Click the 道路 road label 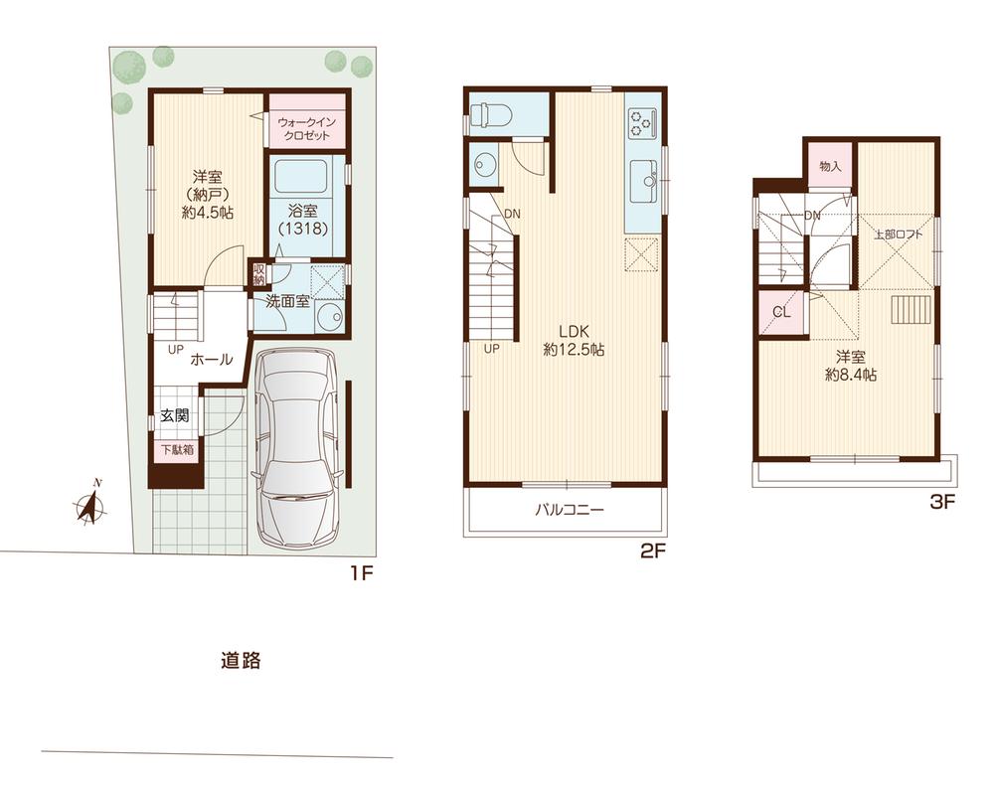point(241,660)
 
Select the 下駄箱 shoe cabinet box point(178,449)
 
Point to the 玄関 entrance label point(175,416)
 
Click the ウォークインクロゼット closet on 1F point(307,128)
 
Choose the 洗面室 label point(287,300)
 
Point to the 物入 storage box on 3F point(830,166)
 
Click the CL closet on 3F point(781,313)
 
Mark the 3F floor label point(941,503)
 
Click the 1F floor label point(359,573)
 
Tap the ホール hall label point(211,359)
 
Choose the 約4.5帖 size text point(207,212)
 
